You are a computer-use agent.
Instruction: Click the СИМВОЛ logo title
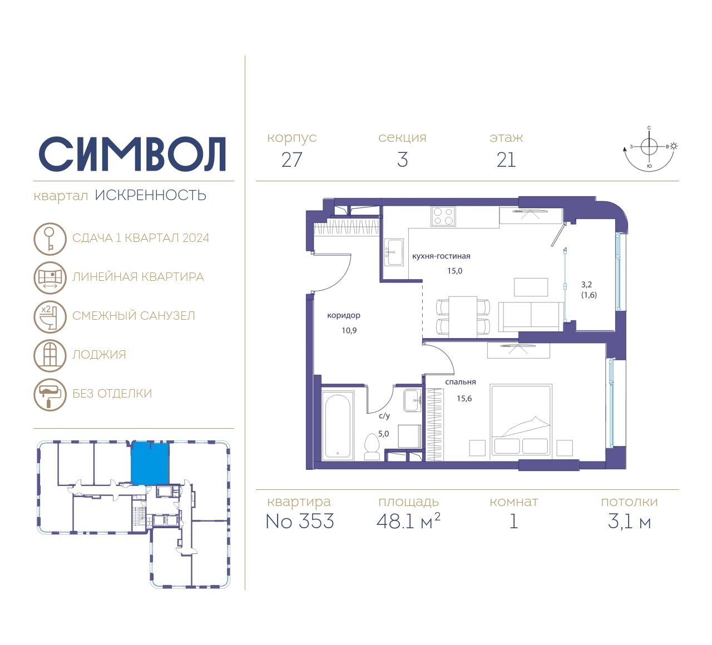[x=132, y=155]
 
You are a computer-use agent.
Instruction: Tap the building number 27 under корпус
[x=291, y=160]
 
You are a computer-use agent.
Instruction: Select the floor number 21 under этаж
[x=506, y=160]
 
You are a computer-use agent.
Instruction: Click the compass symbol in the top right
[x=650, y=148]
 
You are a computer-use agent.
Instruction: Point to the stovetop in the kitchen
[x=443, y=216]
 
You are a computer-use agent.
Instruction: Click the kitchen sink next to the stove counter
[x=394, y=252]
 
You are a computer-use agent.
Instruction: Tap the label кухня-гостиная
[x=441, y=256]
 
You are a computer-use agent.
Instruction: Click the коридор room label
[x=344, y=315]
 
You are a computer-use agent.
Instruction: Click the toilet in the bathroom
[x=372, y=446]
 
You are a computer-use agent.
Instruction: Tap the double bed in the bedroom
[x=521, y=420]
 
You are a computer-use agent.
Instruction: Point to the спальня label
[x=461, y=382]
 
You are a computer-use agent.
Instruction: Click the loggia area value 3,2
[x=586, y=285]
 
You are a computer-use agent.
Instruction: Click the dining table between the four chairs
[x=463, y=317]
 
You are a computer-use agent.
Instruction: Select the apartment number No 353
[x=300, y=521]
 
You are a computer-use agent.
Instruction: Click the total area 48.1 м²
[x=408, y=521]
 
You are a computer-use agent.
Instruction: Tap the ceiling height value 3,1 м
[x=629, y=522]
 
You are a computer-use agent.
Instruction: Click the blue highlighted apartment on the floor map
[x=150, y=463]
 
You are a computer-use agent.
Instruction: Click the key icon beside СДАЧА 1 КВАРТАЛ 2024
[x=50, y=239]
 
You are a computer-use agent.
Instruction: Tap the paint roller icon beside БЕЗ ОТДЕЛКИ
[x=50, y=395]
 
